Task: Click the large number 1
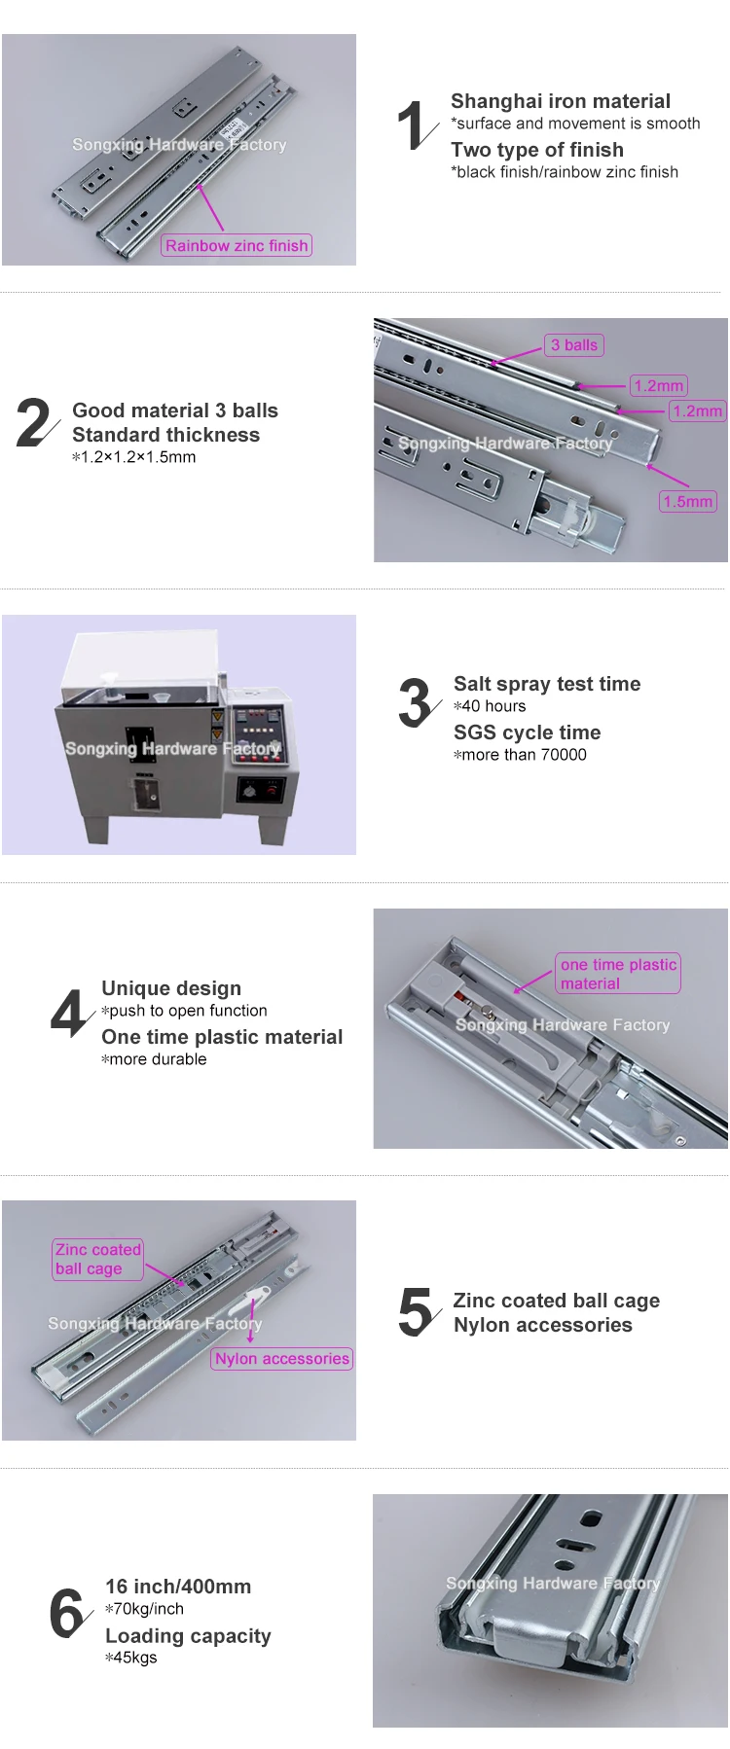[412, 125]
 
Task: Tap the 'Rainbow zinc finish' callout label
[237, 246]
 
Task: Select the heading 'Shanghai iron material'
[561, 101]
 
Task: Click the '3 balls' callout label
[574, 345]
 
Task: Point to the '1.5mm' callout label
[688, 502]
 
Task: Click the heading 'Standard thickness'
[165, 435]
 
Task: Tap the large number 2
[35, 423]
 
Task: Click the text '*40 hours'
[490, 706]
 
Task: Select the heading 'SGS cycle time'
[527, 732]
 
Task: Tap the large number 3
[416, 702]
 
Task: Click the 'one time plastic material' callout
[618, 974]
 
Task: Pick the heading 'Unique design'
[171, 988]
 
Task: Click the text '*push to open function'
[184, 1011]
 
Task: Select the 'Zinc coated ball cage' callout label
[97, 1259]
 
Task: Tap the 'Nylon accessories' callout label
[282, 1359]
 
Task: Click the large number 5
[416, 1311]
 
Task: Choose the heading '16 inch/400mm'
[178, 1587]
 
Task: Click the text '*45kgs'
[130, 1658]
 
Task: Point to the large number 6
[67, 1613]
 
